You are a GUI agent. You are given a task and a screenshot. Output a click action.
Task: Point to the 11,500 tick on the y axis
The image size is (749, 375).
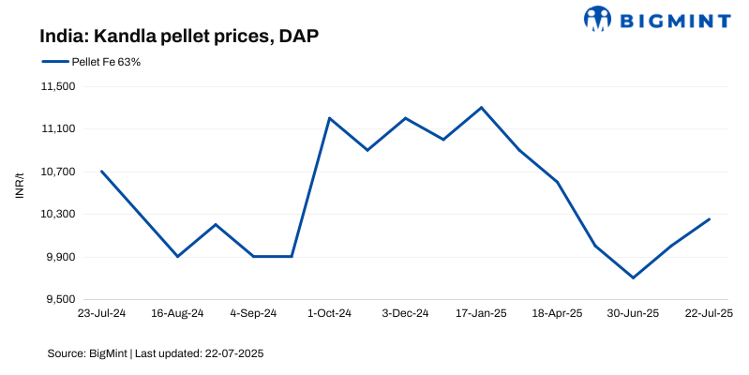click(x=59, y=86)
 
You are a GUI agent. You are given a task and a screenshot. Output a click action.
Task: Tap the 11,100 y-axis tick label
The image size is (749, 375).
click(x=59, y=129)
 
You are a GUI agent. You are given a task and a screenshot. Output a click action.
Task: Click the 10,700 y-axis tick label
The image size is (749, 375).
click(x=59, y=172)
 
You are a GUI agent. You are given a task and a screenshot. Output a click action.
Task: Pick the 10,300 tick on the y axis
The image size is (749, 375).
click(x=59, y=215)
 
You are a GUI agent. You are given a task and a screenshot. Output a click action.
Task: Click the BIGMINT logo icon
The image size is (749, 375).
click(x=597, y=18)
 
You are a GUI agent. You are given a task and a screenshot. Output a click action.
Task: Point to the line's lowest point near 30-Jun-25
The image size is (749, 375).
click(x=633, y=277)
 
